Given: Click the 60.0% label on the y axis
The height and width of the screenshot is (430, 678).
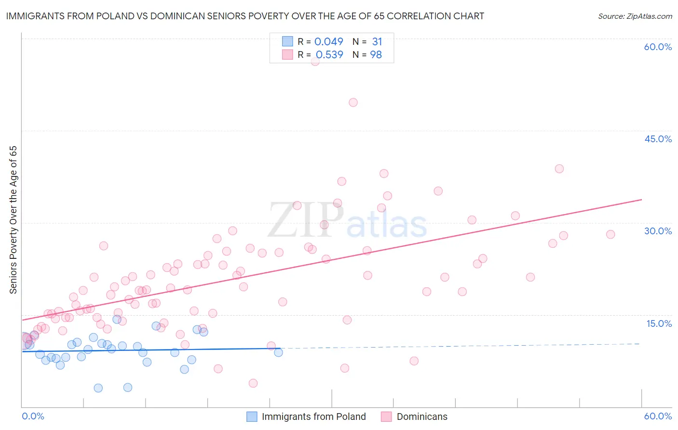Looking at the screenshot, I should pyautogui.click(x=658, y=47).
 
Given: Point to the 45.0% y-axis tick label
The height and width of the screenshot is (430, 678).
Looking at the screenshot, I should pyautogui.click(x=658, y=139).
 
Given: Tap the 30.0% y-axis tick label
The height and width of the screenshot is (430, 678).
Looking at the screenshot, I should pyautogui.click(x=658, y=231).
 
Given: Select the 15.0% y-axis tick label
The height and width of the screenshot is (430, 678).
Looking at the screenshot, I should pyautogui.click(x=659, y=323).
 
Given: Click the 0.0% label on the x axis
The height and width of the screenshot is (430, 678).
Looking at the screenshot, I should pyautogui.click(x=33, y=416).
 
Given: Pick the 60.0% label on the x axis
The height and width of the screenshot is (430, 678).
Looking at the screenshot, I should pyautogui.click(x=658, y=416).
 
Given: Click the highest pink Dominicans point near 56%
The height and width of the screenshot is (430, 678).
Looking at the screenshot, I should pyautogui.click(x=315, y=61).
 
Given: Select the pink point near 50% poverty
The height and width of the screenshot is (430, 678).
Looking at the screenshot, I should pyautogui.click(x=353, y=102).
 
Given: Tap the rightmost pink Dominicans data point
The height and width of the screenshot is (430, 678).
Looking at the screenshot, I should pyautogui.click(x=610, y=234).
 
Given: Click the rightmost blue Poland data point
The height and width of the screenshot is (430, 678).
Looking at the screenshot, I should pyautogui.click(x=278, y=352).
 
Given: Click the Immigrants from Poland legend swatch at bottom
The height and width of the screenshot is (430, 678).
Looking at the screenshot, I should pyautogui.click(x=252, y=417).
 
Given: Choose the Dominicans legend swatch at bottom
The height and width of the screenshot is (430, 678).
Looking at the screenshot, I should pyautogui.click(x=386, y=417).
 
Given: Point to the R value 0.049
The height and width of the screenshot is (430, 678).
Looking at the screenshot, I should pyautogui.click(x=329, y=42).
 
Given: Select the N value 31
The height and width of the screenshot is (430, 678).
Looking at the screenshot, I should pyautogui.click(x=377, y=42).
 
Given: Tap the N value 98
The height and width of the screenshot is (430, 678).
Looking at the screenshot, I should pyautogui.click(x=376, y=55).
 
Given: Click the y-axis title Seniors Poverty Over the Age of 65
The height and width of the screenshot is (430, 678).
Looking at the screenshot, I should pyautogui.click(x=14, y=219).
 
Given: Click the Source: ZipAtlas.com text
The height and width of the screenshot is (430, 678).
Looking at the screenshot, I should pyautogui.click(x=635, y=16).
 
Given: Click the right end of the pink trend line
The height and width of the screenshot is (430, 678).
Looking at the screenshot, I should pyautogui.click(x=641, y=199).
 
